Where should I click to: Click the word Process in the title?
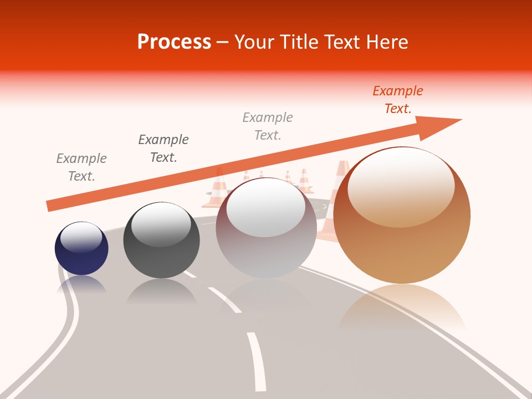point(174,42)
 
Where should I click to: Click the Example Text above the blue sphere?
point(81,167)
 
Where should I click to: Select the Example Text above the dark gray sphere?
point(163,149)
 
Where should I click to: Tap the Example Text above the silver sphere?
point(268,126)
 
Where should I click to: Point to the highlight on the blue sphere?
point(81,237)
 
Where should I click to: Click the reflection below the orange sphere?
point(402,308)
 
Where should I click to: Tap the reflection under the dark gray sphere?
point(161,291)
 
